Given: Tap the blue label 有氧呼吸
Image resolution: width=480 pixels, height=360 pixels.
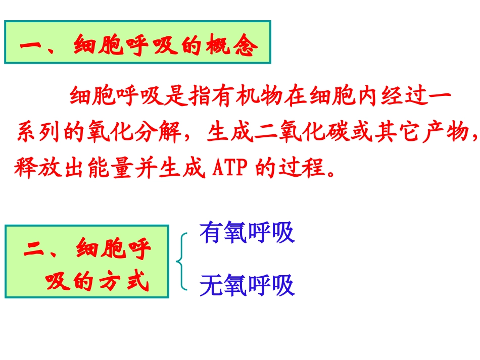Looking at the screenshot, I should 247,233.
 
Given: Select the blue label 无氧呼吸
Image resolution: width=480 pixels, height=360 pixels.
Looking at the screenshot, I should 247,286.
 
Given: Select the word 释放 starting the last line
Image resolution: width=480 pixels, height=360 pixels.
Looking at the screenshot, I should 37,168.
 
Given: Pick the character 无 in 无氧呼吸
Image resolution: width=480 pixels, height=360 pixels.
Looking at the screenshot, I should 211,286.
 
